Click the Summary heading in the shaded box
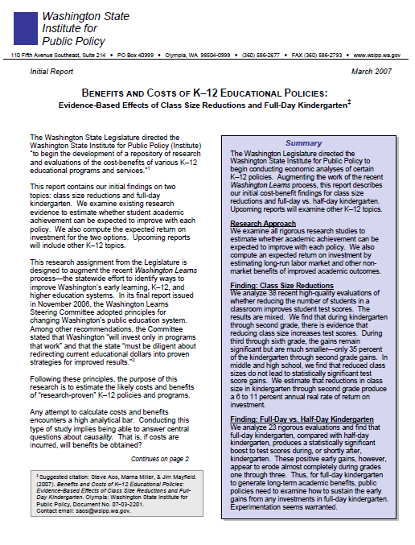point(303,144)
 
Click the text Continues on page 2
point(159,458)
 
